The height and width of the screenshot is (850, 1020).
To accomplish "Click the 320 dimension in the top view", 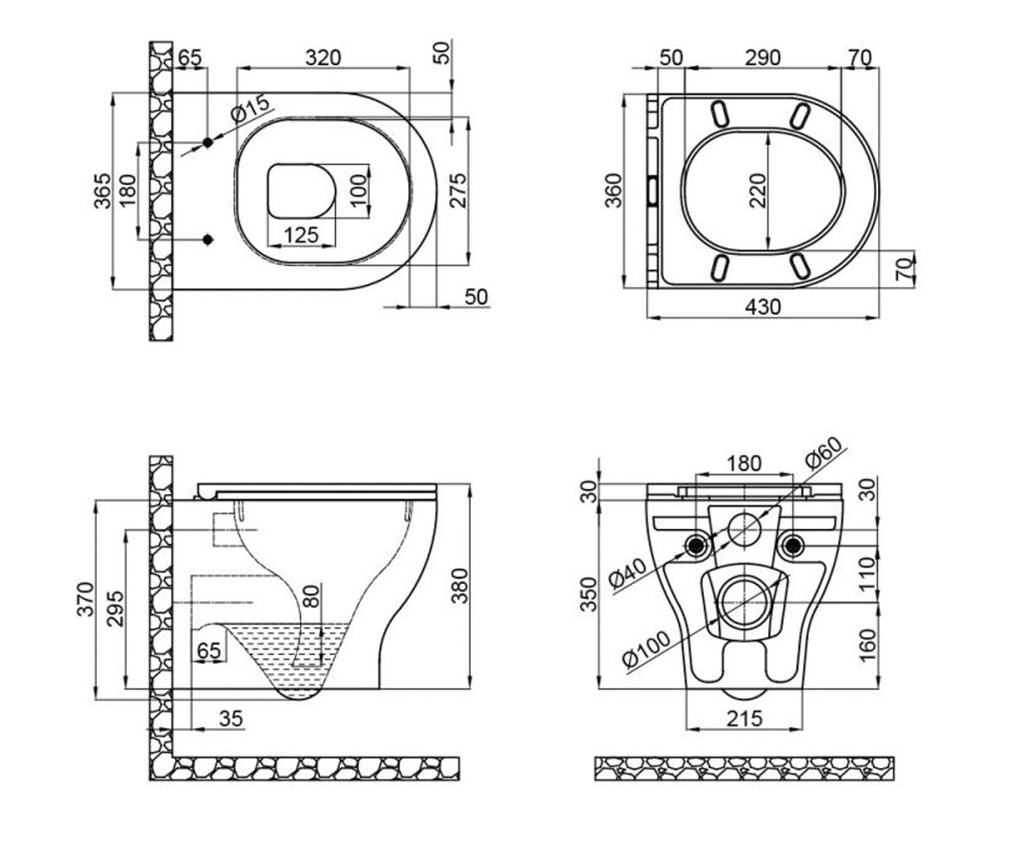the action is click(x=323, y=58).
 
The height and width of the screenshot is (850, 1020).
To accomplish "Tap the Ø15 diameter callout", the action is click(x=251, y=109).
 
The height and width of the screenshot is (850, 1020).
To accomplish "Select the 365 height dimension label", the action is click(x=103, y=190).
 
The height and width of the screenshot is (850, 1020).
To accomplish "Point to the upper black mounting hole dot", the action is click(x=207, y=143).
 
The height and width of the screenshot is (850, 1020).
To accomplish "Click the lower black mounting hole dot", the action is click(x=208, y=240).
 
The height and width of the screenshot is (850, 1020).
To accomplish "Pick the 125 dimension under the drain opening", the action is click(x=302, y=235).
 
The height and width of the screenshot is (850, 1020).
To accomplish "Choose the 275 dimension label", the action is click(x=458, y=190).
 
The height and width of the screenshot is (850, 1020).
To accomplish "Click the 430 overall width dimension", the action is click(x=763, y=307).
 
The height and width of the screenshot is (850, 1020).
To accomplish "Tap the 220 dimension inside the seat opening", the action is click(x=757, y=190).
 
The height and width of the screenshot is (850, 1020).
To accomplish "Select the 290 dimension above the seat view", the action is click(x=762, y=58).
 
